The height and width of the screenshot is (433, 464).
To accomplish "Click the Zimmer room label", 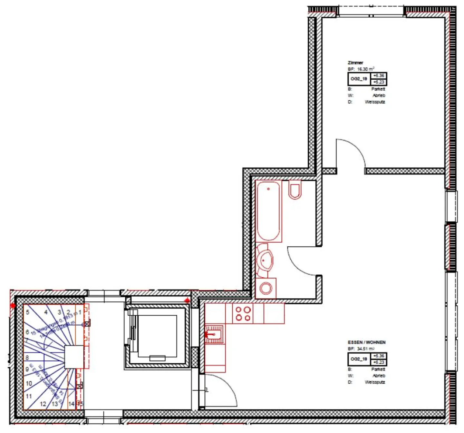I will [x=355, y=63].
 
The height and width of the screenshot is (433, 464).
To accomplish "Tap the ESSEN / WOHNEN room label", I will [x=366, y=342].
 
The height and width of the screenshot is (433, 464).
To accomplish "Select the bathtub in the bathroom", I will [x=268, y=211].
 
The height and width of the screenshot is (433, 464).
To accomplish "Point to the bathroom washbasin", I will [x=265, y=260].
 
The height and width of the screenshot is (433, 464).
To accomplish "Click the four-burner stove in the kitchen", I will [x=243, y=314].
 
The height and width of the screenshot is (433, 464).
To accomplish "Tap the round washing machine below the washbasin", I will [x=266, y=288].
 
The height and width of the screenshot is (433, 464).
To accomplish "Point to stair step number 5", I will [x=28, y=312].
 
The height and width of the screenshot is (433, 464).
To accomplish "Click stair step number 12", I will [x=43, y=404].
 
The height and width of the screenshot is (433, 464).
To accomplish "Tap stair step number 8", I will [x=27, y=358].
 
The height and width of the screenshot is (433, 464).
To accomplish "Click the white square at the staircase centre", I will [x=74, y=357].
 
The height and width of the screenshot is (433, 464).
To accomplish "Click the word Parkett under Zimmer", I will [x=378, y=89].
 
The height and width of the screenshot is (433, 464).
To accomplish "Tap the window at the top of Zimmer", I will [x=371, y=11].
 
